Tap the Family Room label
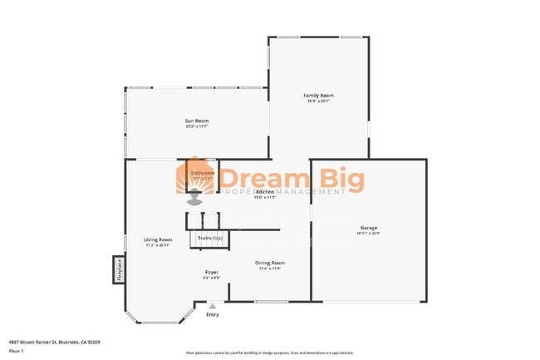tap(318, 96)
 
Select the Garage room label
tap(368, 228)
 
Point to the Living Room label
tap(158, 239)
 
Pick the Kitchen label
tap(265, 192)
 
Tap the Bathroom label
tap(203, 173)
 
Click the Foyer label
tap(212, 272)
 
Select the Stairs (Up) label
tap(209, 239)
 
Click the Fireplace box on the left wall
tap(119, 269)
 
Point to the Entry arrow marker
tap(213, 305)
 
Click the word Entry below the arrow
tap(213, 314)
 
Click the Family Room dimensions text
tap(318, 102)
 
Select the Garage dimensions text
tap(368, 234)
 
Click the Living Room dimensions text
tap(158, 245)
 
